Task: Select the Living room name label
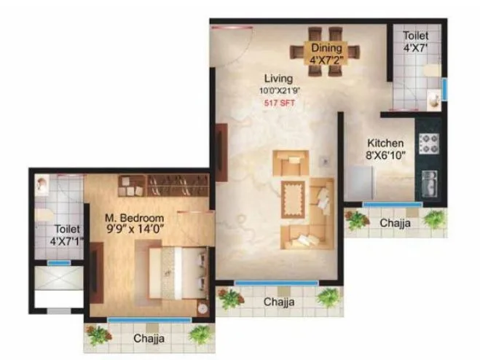(278, 78)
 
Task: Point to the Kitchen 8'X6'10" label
(385, 148)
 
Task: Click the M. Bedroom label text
(134, 217)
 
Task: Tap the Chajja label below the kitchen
(394, 223)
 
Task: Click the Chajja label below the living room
(278, 301)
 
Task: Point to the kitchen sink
(429, 181)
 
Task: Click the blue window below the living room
(276, 283)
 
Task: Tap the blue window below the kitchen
(393, 205)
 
